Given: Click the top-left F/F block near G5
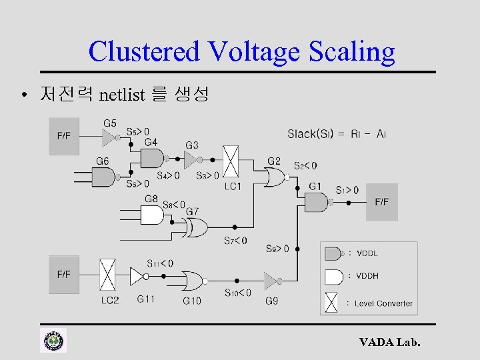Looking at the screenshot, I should [63, 136].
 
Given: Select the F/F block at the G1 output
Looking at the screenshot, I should [382, 202].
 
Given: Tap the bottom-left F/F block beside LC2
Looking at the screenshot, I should [63, 274].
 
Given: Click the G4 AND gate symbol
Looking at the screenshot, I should [153, 158].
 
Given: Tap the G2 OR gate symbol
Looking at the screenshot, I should [273, 177].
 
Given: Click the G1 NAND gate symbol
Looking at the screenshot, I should [319, 202].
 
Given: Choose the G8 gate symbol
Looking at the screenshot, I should [153, 215].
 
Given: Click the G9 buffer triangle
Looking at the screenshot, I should [270, 281].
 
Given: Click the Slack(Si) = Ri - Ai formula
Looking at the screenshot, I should [337, 134].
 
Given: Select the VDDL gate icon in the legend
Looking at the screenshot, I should [333, 253].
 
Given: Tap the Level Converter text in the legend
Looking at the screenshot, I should [384, 303].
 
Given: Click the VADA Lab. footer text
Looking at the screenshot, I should [390, 343].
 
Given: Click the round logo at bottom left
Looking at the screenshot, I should [53, 341].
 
